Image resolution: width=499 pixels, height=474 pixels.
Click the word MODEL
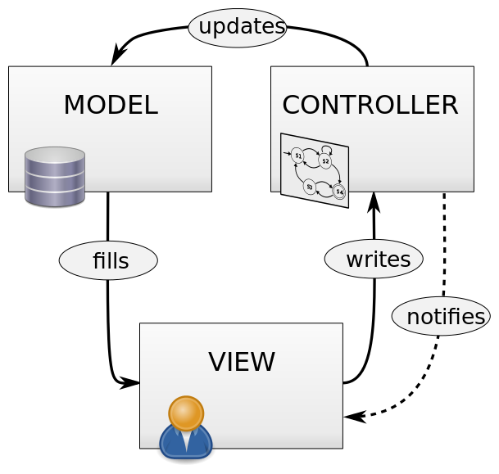[x=110, y=106]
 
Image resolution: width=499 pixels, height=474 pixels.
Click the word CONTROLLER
[x=370, y=106]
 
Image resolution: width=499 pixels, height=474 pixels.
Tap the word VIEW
[x=241, y=362]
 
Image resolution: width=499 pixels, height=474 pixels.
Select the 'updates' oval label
[x=238, y=28]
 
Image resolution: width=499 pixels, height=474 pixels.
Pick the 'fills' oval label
[x=108, y=261]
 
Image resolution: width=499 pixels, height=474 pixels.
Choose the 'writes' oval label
[x=374, y=260]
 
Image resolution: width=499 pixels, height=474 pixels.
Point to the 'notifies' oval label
[x=441, y=317]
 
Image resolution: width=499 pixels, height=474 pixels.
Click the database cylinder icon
[x=55, y=177]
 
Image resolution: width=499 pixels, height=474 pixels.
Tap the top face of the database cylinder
[x=55, y=155]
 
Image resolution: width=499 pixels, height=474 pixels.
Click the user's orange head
[x=186, y=413]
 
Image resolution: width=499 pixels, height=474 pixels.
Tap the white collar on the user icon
[x=186, y=439]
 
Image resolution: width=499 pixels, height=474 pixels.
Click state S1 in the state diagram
[x=297, y=155]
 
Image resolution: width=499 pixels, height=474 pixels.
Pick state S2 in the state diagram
[x=325, y=161]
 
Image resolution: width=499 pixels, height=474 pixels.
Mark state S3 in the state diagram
[x=309, y=187]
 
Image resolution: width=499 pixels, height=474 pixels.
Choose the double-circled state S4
[x=338, y=192]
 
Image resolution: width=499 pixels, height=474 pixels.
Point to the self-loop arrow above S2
[x=327, y=148]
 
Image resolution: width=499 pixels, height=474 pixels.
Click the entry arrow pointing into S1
[x=287, y=152]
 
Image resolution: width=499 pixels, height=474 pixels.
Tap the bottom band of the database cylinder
[x=55, y=195]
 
